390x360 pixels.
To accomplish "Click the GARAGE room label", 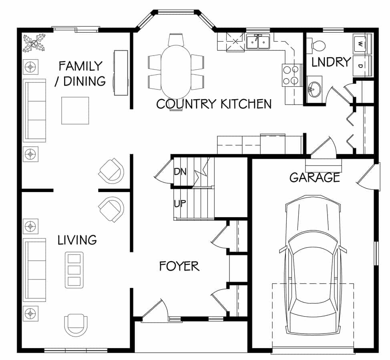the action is click(x=315, y=177).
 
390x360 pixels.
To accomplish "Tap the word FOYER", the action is click(x=179, y=266).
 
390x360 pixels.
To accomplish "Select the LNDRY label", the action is click(x=331, y=62).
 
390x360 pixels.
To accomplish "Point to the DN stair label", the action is click(x=180, y=172).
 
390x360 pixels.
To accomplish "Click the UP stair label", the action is click(x=180, y=204).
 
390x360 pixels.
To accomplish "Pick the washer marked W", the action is click(x=362, y=44).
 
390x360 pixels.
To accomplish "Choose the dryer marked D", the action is click(x=362, y=66).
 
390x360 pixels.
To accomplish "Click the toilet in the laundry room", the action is click(x=316, y=46).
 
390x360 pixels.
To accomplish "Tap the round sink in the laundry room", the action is click(x=314, y=89).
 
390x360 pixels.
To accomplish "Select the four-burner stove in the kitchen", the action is click(x=291, y=75).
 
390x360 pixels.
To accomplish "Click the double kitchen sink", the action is click(x=258, y=42).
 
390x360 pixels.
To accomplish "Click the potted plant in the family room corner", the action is click(x=34, y=43).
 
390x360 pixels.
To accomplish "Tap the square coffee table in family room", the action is click(x=75, y=110).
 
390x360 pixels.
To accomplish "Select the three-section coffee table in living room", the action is click(x=74, y=270).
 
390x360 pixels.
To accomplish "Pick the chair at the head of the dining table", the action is click(x=176, y=40).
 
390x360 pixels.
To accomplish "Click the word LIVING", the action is click(x=77, y=240).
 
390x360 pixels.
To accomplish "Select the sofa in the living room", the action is click(x=34, y=270).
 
